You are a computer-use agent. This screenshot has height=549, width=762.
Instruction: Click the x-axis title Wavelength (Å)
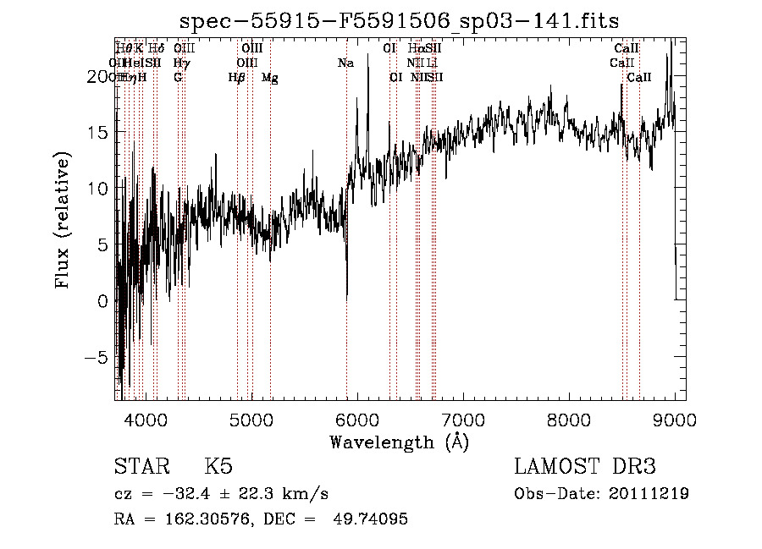pos(399,442)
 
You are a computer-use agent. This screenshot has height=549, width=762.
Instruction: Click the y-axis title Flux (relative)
pos(63,221)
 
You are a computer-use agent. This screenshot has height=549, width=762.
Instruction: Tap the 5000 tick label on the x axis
pos(251,420)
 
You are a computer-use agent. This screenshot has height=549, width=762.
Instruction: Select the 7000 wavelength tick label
pos(463,420)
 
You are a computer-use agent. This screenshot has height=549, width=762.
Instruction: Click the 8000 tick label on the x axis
pos(569,420)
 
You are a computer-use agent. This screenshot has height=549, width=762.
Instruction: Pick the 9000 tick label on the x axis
pos(674,420)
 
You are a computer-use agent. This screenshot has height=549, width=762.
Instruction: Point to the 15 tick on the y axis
pos(99,133)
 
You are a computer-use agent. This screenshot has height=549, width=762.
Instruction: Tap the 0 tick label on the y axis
pos(103,300)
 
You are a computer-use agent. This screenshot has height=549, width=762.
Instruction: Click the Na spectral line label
pos(345,63)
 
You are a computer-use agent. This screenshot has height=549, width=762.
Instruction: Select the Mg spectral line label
pos(270,78)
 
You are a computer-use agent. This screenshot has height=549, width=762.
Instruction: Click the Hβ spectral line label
pos(236,78)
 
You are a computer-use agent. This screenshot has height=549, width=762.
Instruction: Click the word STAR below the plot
pos(140,467)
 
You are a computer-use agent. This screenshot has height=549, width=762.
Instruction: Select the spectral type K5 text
pos(218,467)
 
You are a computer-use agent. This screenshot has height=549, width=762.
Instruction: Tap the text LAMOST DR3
pos(585,467)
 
